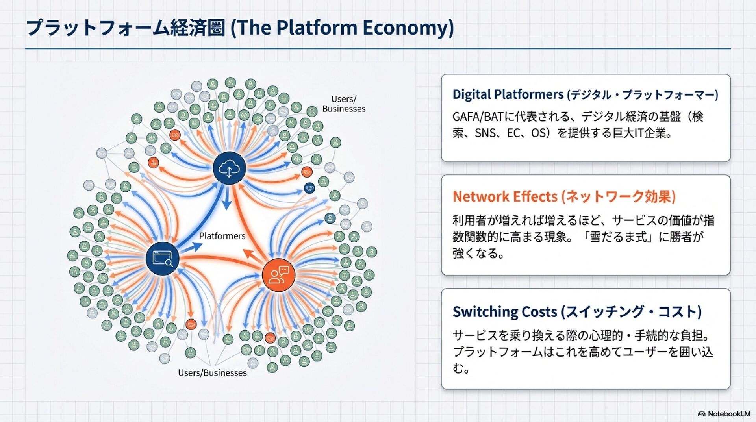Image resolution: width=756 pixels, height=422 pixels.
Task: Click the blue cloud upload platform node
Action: tap(229, 168)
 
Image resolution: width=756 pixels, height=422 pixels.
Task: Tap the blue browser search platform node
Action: tap(162, 258)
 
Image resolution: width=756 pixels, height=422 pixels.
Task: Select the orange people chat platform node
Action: tap(278, 275)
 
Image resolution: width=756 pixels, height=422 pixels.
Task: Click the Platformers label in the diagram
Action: tap(222, 236)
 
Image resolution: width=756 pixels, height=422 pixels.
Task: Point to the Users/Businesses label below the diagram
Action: tap(212, 372)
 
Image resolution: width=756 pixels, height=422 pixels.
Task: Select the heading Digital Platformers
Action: tap(508, 94)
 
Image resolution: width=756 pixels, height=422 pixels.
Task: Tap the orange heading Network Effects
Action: tap(505, 196)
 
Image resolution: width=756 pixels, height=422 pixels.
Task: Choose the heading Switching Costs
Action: tap(505, 312)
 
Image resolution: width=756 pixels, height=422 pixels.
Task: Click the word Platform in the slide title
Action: tap(317, 28)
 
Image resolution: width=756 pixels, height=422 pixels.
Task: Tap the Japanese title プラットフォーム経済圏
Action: tap(126, 28)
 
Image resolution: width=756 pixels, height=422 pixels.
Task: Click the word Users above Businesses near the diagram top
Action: tap(343, 99)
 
